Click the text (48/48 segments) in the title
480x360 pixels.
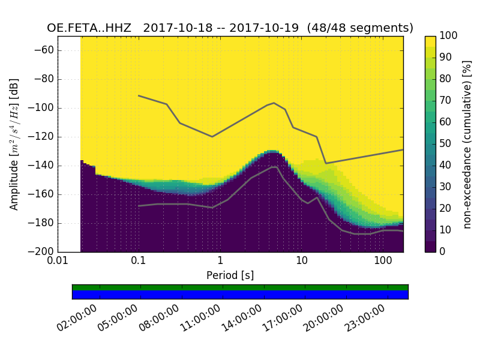point(360,28)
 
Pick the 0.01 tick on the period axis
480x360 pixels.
point(58,261)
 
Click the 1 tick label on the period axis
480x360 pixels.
point(220,261)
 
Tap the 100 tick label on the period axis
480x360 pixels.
point(383,261)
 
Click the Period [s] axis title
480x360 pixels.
point(230,275)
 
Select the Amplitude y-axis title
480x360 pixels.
point(14,144)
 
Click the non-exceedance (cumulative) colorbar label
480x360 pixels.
point(468,144)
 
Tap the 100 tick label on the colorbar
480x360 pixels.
point(449,36)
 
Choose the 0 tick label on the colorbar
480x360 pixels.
point(443,251)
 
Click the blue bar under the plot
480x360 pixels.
point(240,295)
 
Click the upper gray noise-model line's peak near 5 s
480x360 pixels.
point(274,103)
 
